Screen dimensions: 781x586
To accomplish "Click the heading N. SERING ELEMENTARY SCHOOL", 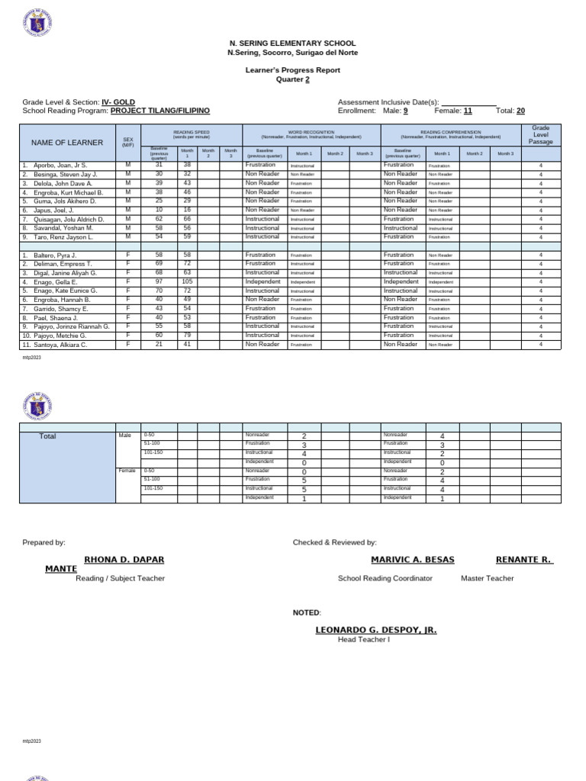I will tap(292, 44).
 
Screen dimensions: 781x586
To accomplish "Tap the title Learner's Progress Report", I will tap(292, 70).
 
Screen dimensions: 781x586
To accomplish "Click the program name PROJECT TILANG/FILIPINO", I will tap(159, 111).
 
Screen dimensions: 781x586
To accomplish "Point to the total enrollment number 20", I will tap(520, 111).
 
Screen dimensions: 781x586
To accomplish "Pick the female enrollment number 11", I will tap(468, 111).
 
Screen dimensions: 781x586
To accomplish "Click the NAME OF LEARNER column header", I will tap(66, 143).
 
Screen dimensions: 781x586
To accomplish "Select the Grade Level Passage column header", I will tap(540, 135).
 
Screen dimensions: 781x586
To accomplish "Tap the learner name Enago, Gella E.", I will tap(54, 282).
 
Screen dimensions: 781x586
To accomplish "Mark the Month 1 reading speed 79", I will tap(187, 336).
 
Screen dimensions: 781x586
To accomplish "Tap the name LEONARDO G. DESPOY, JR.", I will tap(375, 630).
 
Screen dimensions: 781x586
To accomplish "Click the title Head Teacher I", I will tap(364, 640).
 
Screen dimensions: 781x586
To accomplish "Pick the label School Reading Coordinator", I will tap(385, 578).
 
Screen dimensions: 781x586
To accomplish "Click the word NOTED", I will tap(307, 612).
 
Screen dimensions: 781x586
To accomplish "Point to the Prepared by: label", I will tap(44, 542).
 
